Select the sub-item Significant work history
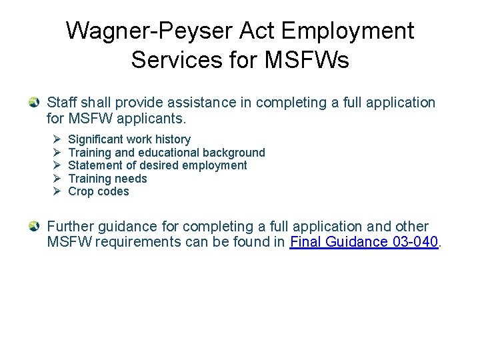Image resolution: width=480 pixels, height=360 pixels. click(x=129, y=139)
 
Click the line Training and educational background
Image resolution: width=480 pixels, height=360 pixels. click(x=167, y=153)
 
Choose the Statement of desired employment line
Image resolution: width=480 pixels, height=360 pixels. click(x=157, y=165)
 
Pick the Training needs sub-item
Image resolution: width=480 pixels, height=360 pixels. click(x=107, y=179)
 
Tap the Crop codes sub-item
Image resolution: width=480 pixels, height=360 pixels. click(x=99, y=191)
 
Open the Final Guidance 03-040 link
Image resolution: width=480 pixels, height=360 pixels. click(x=365, y=242)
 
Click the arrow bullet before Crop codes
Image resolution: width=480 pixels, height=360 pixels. click(x=56, y=191)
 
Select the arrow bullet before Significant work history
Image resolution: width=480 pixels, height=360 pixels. click(x=56, y=139)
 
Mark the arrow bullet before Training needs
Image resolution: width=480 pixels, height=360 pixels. click(x=56, y=179)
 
